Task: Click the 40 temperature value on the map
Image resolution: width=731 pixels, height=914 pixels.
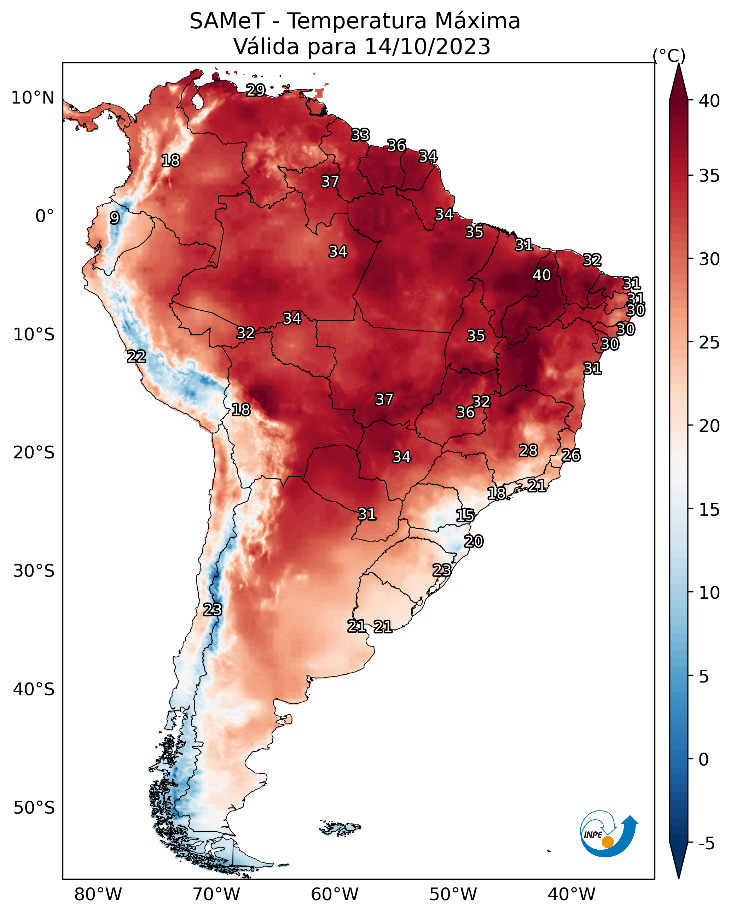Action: (542, 275)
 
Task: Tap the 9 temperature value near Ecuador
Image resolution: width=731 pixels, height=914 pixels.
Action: (115, 218)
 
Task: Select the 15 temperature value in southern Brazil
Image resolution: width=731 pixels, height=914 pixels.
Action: (465, 516)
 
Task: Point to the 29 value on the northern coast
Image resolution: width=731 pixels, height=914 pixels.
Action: (256, 90)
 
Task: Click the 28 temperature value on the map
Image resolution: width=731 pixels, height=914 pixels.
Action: (529, 451)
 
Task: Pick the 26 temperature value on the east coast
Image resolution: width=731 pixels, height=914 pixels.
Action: (571, 455)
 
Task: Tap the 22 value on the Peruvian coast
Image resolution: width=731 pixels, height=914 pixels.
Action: (137, 357)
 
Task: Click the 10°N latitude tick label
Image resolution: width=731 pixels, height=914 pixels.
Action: (33, 98)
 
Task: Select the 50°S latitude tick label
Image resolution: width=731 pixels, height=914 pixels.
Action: (34, 808)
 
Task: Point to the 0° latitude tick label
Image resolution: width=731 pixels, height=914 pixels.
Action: (45, 216)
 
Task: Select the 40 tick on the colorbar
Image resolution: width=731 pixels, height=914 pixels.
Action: (710, 101)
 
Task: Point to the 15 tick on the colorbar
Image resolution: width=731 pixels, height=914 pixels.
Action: (710, 510)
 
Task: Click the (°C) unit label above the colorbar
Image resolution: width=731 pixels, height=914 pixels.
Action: (669, 55)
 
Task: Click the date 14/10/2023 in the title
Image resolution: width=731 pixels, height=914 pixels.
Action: (428, 47)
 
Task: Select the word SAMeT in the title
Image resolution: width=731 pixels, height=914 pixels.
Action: (227, 21)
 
